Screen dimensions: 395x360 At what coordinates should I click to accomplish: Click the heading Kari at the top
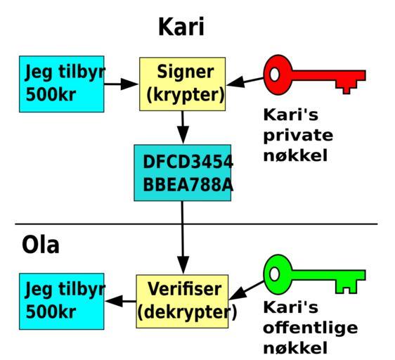[x=181, y=27]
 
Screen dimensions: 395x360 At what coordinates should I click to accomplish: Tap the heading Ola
[x=41, y=245]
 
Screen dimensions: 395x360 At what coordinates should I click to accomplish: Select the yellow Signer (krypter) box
[x=182, y=84]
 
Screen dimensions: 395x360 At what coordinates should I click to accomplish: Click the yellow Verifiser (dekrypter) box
[x=182, y=301]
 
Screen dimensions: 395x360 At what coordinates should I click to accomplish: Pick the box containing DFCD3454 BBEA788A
[x=182, y=173]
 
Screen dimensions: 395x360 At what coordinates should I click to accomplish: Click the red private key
[x=314, y=75]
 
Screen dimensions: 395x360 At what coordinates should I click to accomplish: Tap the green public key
[x=314, y=274]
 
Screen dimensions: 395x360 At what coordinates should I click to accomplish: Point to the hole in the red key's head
[x=274, y=75]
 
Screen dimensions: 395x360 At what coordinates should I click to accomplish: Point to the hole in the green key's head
[x=274, y=274]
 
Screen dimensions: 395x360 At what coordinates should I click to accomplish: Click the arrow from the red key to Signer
[x=245, y=82]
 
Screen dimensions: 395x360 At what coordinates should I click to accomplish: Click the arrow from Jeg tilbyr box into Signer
[x=121, y=84]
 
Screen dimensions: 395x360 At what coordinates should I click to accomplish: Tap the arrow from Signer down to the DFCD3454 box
[x=183, y=127]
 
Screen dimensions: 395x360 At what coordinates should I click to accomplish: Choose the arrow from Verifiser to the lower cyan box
[x=121, y=301]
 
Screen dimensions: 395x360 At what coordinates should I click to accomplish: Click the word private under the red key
[x=298, y=136]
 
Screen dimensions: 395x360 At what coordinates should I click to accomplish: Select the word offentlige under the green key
[x=311, y=327]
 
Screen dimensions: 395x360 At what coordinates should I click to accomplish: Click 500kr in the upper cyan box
[x=51, y=95]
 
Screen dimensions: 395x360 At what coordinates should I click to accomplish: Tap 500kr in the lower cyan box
[x=51, y=312]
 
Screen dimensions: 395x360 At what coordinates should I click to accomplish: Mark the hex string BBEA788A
[x=188, y=184]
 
